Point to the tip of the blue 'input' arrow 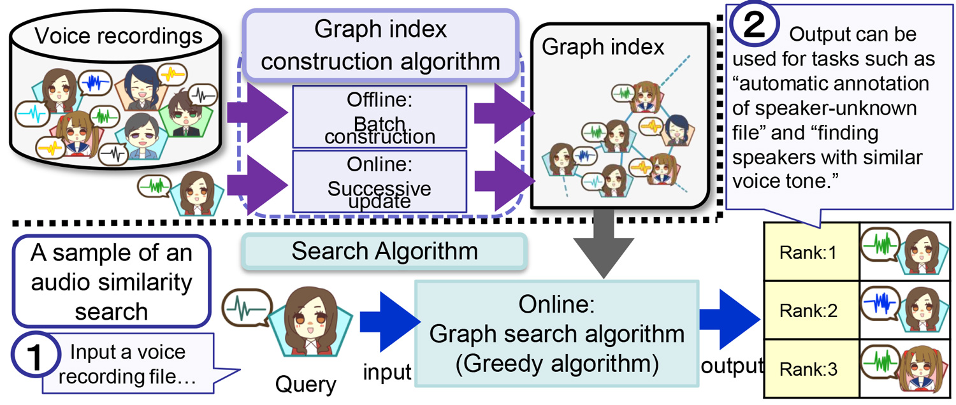[x=421, y=322]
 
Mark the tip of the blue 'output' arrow [x=760, y=318]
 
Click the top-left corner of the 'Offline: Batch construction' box [x=293, y=86]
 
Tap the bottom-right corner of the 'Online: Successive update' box [x=467, y=212]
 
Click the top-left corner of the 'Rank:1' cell [x=764, y=222]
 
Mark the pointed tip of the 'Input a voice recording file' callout [x=240, y=370]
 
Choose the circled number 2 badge [x=754, y=24]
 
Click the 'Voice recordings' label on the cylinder [x=118, y=36]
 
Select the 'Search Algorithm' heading [x=384, y=251]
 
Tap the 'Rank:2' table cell [x=811, y=310]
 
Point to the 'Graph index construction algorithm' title [x=380, y=45]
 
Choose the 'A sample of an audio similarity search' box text [x=112, y=281]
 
